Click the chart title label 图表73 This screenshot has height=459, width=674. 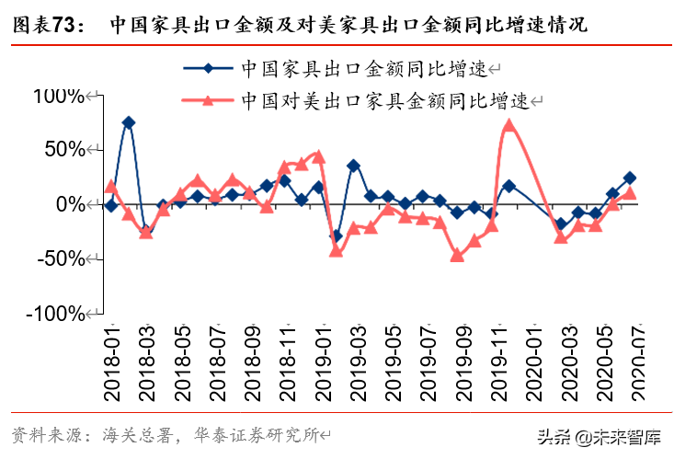pos(42,25)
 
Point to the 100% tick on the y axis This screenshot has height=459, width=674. pos(57,95)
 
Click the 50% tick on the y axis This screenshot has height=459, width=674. pos(63,149)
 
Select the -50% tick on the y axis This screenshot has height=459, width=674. pos(61,258)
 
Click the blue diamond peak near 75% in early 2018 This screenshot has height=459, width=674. pos(129,122)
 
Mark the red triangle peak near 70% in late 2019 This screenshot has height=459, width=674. pos(508,125)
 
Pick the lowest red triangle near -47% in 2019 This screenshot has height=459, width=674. pos(457,255)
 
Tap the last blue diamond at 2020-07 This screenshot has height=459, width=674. pos(630,178)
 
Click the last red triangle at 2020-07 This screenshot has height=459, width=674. pos(630,193)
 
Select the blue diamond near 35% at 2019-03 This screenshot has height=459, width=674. pos(353,166)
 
